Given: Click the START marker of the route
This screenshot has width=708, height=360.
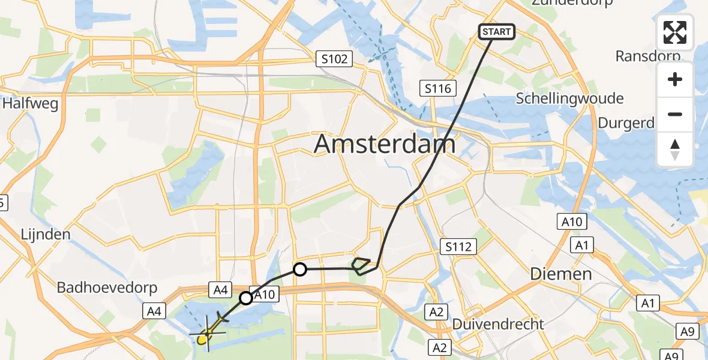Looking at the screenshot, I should [x=496, y=32].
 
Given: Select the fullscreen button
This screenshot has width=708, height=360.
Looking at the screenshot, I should [x=675, y=32].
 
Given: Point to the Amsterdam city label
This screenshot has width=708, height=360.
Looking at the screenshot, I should [x=385, y=145].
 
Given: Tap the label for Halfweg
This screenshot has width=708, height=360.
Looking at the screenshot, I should [x=30, y=104].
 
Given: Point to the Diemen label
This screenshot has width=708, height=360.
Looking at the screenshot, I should [x=561, y=274].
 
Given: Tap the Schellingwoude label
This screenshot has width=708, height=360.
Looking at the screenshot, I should [x=569, y=98].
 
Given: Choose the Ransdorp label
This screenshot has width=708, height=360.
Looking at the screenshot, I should [x=647, y=56].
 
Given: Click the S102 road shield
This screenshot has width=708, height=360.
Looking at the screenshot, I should [x=334, y=59].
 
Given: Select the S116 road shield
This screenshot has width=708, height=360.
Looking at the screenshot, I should [x=437, y=89].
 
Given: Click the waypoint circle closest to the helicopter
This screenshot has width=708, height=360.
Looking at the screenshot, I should [x=246, y=298].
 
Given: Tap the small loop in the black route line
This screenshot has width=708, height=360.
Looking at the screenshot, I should [x=362, y=265].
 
